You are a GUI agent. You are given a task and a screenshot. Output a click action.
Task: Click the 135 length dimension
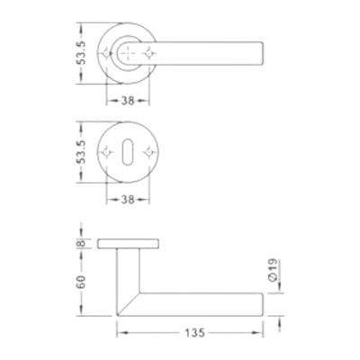point(194,333)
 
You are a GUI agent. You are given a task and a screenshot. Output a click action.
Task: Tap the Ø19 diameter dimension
point(274,270)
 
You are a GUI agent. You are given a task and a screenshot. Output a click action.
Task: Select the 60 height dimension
point(81,282)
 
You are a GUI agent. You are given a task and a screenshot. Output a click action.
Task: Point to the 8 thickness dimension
point(81,243)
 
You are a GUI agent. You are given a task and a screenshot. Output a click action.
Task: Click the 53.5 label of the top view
point(81,53)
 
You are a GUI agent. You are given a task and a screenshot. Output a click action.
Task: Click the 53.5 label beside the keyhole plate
point(81,152)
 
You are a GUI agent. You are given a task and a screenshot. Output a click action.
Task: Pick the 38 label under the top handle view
point(128,101)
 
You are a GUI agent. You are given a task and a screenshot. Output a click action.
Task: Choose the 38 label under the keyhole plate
point(128,200)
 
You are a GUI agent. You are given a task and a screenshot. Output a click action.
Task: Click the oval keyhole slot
point(128,152)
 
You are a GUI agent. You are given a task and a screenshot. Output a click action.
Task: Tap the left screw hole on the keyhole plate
point(106,152)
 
